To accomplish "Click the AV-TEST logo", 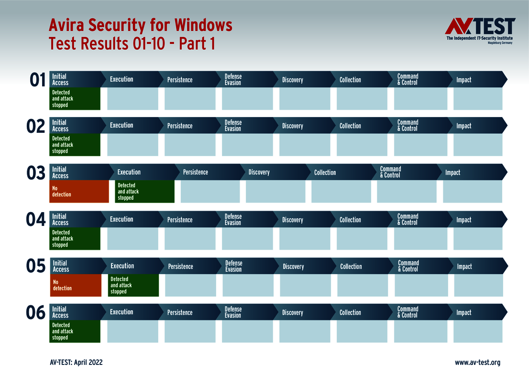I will coord(480,31).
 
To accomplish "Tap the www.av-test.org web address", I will coord(477,363).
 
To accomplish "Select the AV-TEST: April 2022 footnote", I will coord(76,363).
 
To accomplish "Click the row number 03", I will coord(36,173).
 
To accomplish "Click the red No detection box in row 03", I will coord(79,192).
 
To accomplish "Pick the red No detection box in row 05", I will coord(76,285).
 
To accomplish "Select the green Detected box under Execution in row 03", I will coord(144,192).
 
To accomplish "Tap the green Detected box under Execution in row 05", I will coord(133,285).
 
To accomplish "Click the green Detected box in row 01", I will coord(76,99).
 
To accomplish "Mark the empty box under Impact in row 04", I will coord(478,239).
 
